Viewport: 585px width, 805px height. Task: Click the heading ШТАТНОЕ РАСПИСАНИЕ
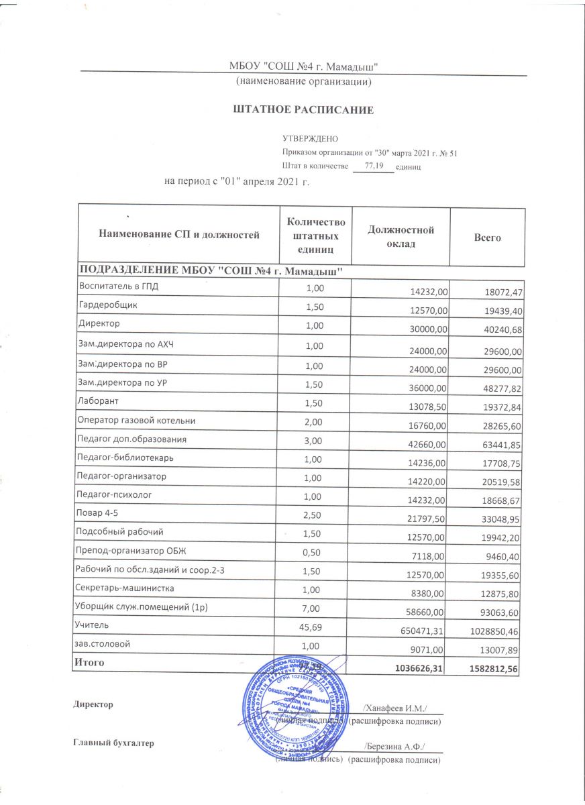(303, 109)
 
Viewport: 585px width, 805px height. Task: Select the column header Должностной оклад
(401, 237)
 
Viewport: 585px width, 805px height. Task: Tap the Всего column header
(487, 237)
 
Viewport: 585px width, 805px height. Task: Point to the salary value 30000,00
(429, 330)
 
